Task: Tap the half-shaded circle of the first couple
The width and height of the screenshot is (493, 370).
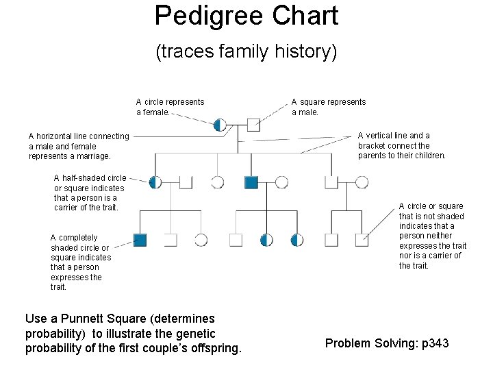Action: pos(219,125)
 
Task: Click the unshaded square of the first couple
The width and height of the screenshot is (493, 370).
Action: pos(253,125)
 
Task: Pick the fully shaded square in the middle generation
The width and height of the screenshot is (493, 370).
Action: pos(251,182)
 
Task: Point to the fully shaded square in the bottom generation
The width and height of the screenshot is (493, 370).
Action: pos(140,240)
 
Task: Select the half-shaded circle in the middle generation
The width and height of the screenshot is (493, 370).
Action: pos(155,182)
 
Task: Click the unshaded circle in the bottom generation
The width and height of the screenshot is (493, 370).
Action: pos(201,240)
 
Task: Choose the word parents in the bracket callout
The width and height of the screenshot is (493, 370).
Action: pos(372,156)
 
